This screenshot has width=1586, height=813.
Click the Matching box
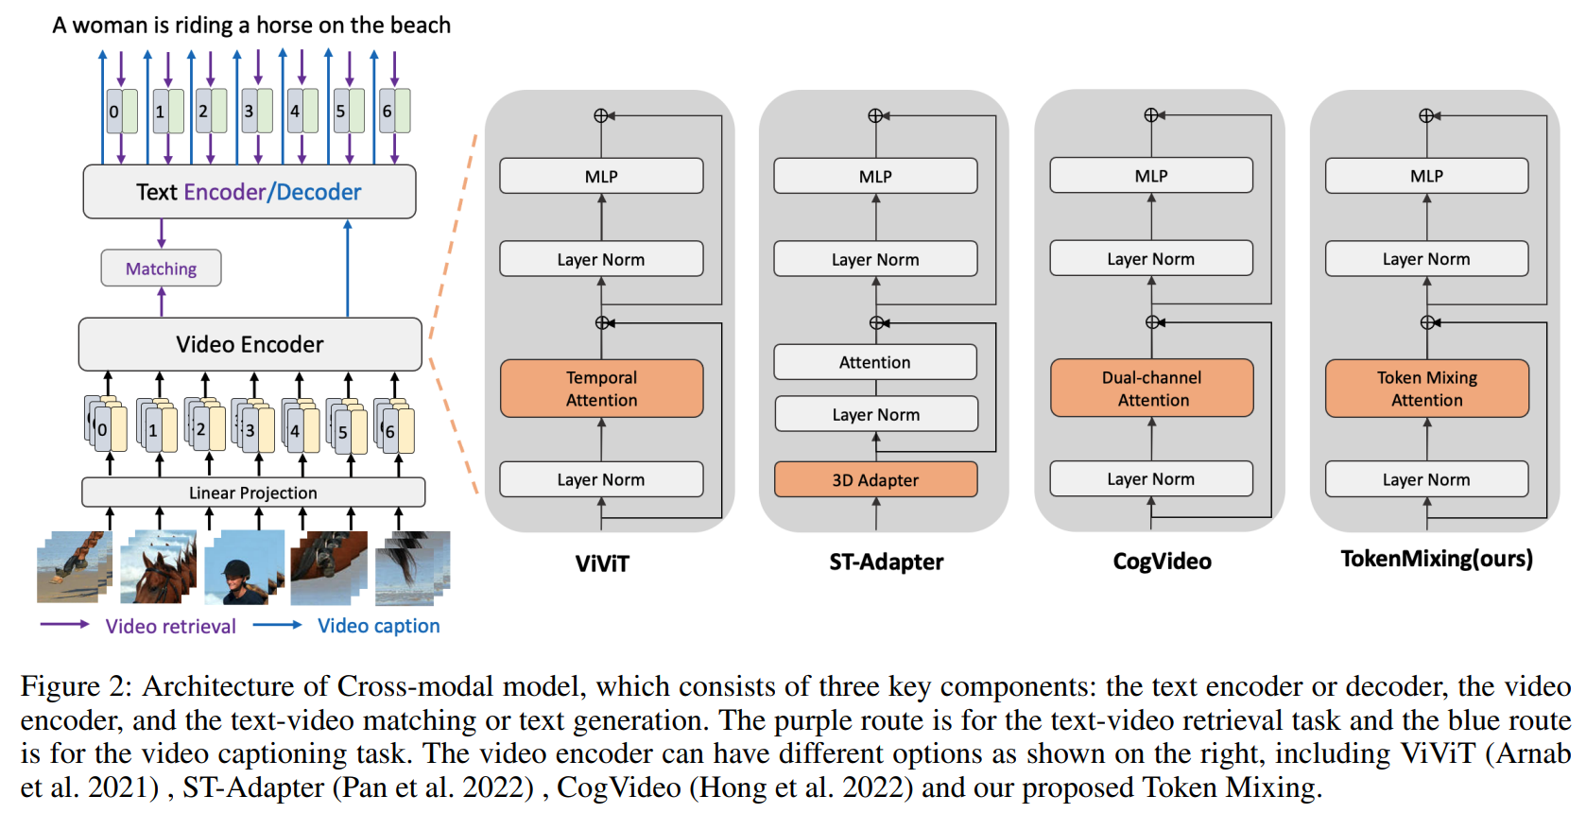tap(161, 268)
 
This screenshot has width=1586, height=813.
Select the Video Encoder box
tap(250, 344)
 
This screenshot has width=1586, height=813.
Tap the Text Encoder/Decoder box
tap(250, 192)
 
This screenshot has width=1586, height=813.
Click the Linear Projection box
tap(253, 493)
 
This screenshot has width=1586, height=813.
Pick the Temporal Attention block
tap(601, 389)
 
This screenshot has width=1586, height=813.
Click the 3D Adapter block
tap(875, 479)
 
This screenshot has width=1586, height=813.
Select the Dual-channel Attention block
tap(1151, 389)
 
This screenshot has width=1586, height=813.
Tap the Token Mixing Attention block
tap(1426, 389)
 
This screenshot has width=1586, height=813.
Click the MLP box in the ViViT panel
tap(601, 176)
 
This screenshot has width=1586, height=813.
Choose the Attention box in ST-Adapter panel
tap(875, 362)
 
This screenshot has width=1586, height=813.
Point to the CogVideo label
tap(1162, 561)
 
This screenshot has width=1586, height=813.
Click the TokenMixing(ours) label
tap(1437, 559)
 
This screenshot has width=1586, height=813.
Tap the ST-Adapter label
tap(887, 562)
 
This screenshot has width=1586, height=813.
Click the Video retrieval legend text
tap(171, 626)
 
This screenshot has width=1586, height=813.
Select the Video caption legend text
tap(379, 626)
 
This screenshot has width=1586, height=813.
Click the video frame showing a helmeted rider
tap(244, 566)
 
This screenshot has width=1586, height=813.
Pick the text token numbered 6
tap(394, 112)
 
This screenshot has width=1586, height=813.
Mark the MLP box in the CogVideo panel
tap(1151, 176)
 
